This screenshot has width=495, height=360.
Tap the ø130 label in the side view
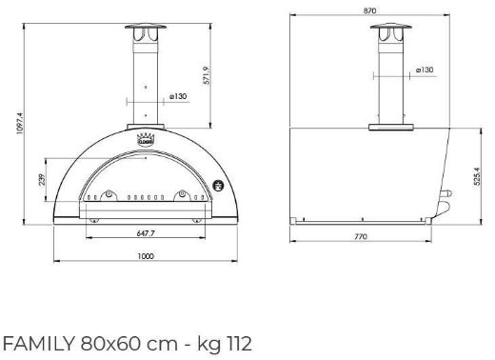426,70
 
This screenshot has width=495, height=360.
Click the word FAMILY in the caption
35,343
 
